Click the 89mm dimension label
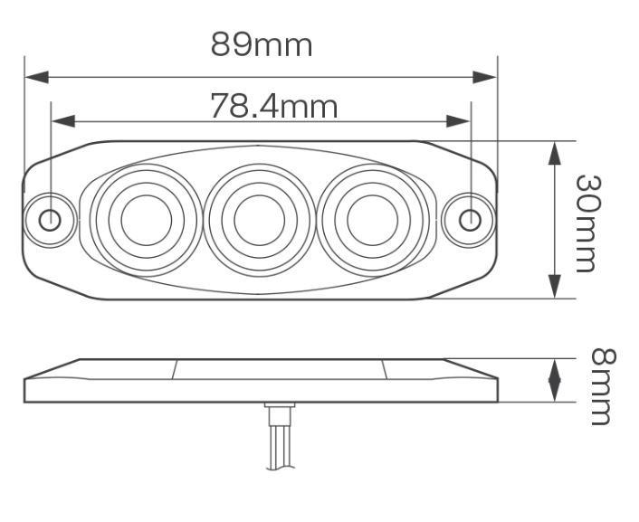(262, 44)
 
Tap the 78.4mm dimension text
(274, 107)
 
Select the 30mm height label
(588, 222)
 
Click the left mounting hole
(52, 219)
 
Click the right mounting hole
(470, 219)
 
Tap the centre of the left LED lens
(146, 219)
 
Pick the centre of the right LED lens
(371, 219)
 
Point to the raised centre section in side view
(281, 368)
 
